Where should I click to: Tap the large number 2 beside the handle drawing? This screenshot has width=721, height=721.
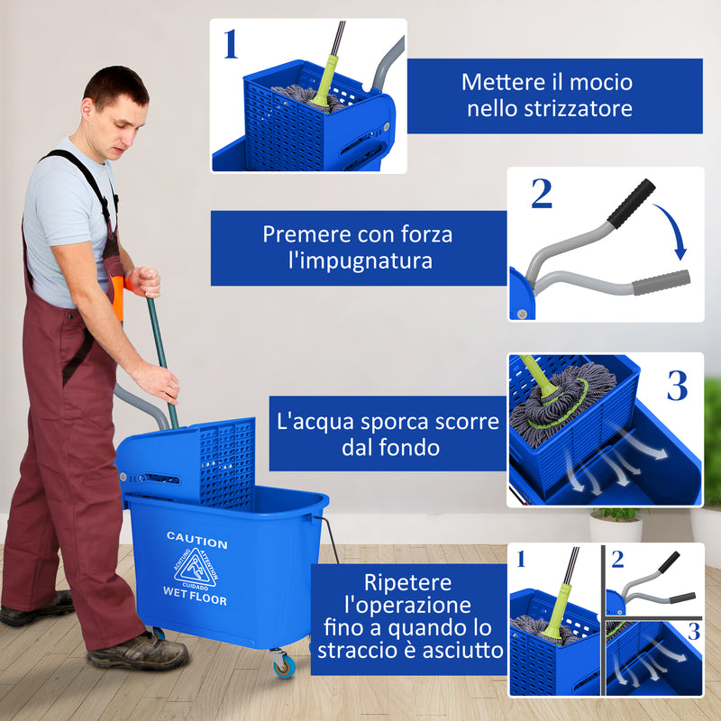pos(541,194)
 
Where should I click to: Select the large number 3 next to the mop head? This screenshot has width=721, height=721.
pos(677,385)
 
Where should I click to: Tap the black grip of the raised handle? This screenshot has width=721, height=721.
pos(631,203)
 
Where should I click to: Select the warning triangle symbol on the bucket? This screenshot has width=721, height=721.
pos(195,568)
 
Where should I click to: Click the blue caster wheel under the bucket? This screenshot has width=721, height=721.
pos(284,666)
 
